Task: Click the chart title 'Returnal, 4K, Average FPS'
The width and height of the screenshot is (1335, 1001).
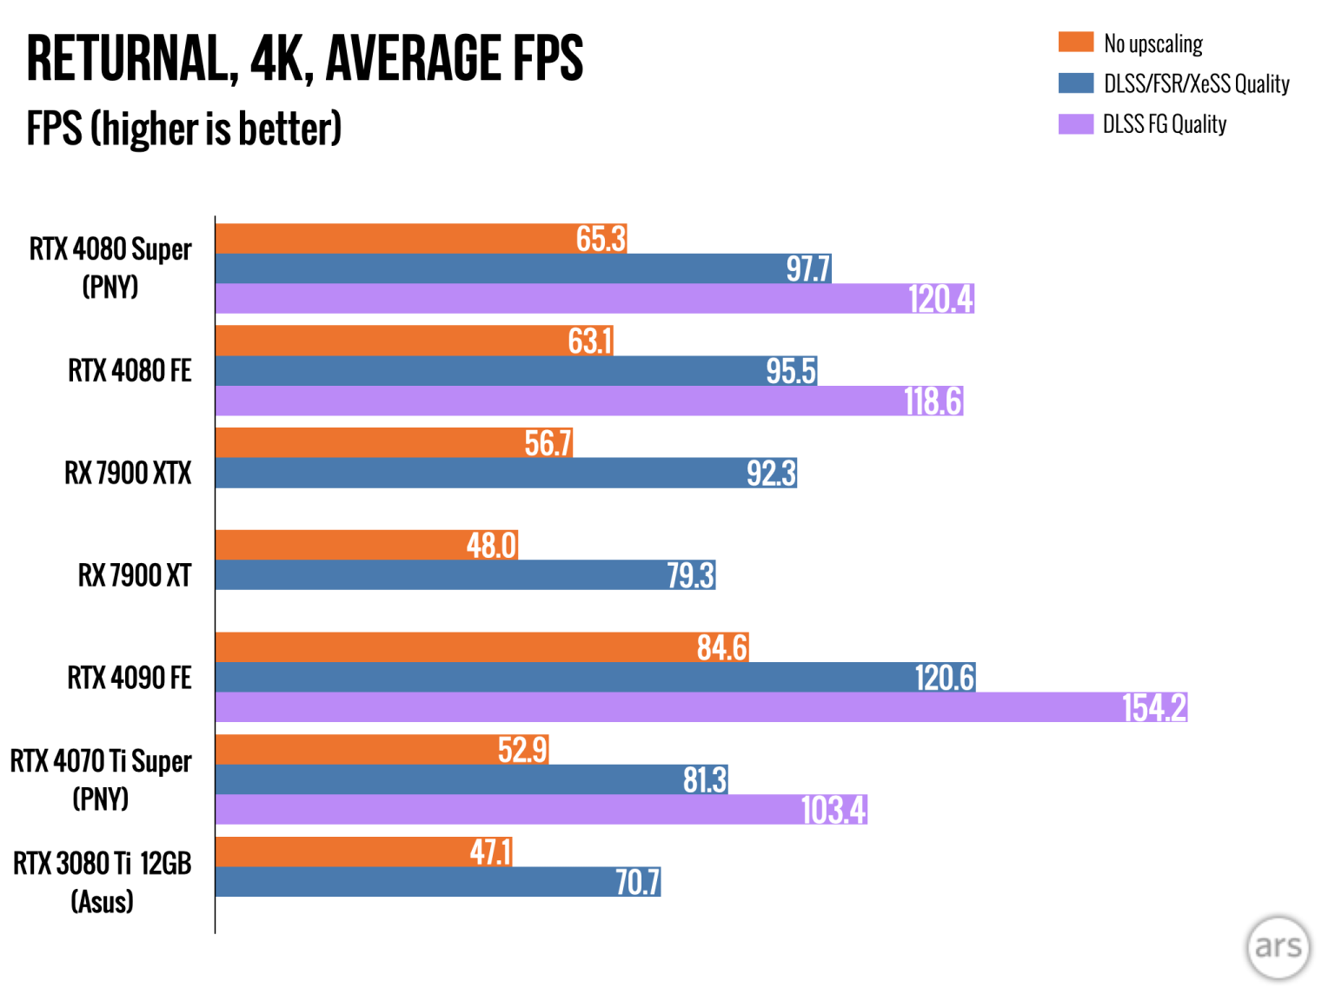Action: pos(304,59)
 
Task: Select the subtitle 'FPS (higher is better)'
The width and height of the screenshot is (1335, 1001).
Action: pos(183,129)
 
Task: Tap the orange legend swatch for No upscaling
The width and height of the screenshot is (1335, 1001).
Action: pos(1075,42)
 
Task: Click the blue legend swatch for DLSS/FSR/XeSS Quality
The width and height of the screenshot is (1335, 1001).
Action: pos(1075,83)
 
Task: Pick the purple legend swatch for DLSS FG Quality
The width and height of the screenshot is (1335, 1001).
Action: pos(1075,123)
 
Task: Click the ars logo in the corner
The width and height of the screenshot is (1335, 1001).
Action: pos(1278,946)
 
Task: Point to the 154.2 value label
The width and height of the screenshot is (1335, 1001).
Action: pos(1153,707)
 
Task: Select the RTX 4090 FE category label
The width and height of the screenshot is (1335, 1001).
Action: pos(130,678)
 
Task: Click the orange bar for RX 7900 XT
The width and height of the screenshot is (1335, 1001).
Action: pos(365,545)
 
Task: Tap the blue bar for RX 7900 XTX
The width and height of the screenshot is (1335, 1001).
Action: pos(504,473)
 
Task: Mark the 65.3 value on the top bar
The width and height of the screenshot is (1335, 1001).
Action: pos(601,239)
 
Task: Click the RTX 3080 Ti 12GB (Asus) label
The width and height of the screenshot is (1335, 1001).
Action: pos(102,882)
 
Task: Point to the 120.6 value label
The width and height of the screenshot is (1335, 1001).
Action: pos(944,678)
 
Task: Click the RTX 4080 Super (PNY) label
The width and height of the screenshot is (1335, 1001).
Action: pos(110,268)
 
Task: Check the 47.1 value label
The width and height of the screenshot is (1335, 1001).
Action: pos(490,852)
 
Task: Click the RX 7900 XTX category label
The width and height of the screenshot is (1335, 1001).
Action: pos(128,474)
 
